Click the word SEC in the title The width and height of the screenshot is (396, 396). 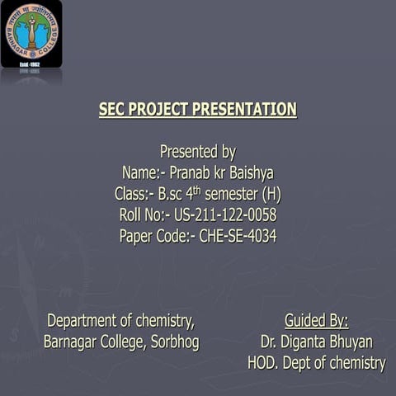pos(114,110)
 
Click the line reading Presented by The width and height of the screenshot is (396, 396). pos(198,152)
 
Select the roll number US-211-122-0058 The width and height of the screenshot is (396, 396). pos(225,215)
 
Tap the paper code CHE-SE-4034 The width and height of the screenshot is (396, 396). pos(238,237)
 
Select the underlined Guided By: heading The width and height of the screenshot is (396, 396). pos(316,320)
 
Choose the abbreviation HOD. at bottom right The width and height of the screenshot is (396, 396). pos(264,363)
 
